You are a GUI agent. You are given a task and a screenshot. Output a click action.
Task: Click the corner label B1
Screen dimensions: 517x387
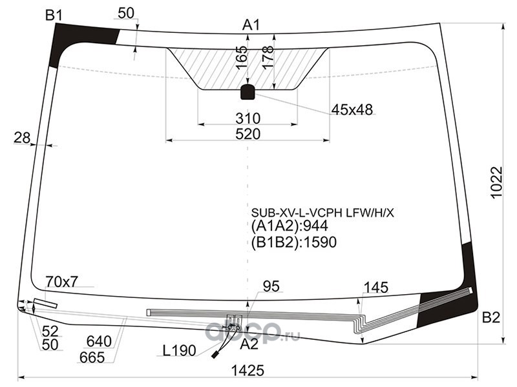(x=54, y=15)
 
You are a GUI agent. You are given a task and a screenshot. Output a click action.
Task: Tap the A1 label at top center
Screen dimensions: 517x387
(x=251, y=25)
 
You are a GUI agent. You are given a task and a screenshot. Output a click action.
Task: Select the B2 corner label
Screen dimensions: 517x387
(x=491, y=317)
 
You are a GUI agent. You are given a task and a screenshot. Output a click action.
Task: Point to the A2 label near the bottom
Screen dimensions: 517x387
(x=249, y=344)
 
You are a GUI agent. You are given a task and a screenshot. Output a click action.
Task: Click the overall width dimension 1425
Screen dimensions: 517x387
(x=248, y=370)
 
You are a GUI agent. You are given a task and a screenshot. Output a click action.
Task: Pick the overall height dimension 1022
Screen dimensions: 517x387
(x=496, y=182)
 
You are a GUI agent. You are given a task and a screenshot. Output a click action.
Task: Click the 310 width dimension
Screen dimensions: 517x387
(x=248, y=118)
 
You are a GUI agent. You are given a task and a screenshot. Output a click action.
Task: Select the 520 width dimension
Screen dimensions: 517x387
(x=248, y=134)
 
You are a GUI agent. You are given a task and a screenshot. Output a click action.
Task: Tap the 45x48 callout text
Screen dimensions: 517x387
(x=352, y=110)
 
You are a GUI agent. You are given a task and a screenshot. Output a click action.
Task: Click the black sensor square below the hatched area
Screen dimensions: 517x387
(x=248, y=92)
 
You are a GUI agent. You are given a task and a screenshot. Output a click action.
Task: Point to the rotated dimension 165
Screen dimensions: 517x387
(x=242, y=57)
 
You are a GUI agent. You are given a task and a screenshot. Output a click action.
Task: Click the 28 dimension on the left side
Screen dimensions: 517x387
(x=22, y=138)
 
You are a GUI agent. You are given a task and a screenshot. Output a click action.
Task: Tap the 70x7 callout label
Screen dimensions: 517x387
(x=61, y=282)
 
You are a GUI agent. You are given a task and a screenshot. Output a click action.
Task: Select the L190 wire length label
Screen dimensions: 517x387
(x=180, y=351)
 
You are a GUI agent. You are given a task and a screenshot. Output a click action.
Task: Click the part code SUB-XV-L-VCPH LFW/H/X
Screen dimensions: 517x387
(x=322, y=213)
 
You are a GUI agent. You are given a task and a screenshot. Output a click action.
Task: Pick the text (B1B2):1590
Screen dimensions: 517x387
(x=294, y=243)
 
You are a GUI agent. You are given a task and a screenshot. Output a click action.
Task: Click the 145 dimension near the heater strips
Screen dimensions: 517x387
(x=375, y=288)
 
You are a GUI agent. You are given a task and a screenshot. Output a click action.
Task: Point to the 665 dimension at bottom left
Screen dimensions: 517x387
(x=92, y=357)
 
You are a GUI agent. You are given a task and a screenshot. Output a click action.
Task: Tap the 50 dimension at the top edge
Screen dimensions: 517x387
(x=126, y=13)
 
